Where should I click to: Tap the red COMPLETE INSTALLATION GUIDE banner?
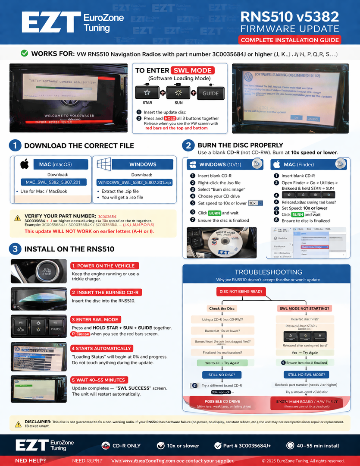click(x=290, y=40)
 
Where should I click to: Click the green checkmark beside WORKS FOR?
click(x=25, y=54)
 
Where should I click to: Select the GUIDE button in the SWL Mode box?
click(x=210, y=93)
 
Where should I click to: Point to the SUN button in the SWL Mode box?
click(x=178, y=93)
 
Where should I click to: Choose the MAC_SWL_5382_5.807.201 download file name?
click(x=53, y=182)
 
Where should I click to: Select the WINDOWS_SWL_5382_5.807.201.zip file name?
click(x=135, y=182)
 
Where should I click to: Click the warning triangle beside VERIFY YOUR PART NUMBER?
click(x=17, y=218)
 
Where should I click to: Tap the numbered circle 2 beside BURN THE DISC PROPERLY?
click(x=188, y=145)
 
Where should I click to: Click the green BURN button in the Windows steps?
click(x=214, y=213)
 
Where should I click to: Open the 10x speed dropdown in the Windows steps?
click(x=255, y=203)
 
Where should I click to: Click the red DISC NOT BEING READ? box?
click(x=241, y=292)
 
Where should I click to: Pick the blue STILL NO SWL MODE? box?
click(x=306, y=375)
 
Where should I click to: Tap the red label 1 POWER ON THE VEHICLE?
click(x=103, y=266)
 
